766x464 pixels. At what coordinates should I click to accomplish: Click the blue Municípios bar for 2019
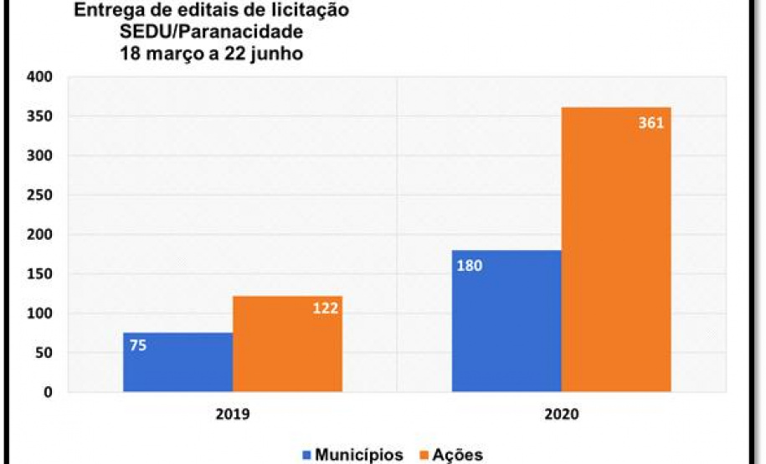177,363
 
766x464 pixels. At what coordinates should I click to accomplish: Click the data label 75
138,344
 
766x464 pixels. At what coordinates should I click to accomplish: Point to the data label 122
326,308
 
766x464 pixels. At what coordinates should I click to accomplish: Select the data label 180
470,266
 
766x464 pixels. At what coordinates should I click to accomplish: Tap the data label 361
650,123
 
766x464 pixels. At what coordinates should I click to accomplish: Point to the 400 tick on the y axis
40,77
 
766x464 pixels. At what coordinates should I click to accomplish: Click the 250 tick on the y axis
40,196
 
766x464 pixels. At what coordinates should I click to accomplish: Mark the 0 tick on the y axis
48,392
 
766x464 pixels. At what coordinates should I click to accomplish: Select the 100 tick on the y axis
40,314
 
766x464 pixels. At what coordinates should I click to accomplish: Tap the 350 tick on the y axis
40,116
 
